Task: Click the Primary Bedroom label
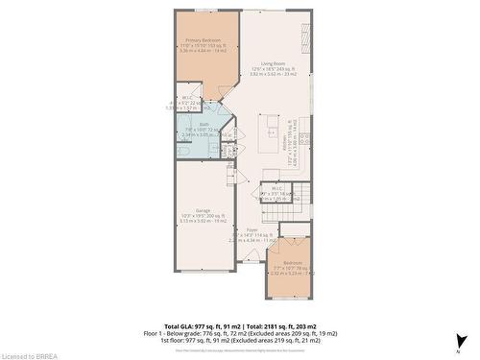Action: [202, 40]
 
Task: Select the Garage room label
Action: [203, 209]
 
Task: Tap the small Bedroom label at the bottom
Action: [292, 262]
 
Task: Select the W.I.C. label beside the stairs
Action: [276, 187]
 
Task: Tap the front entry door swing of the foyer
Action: [252, 254]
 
